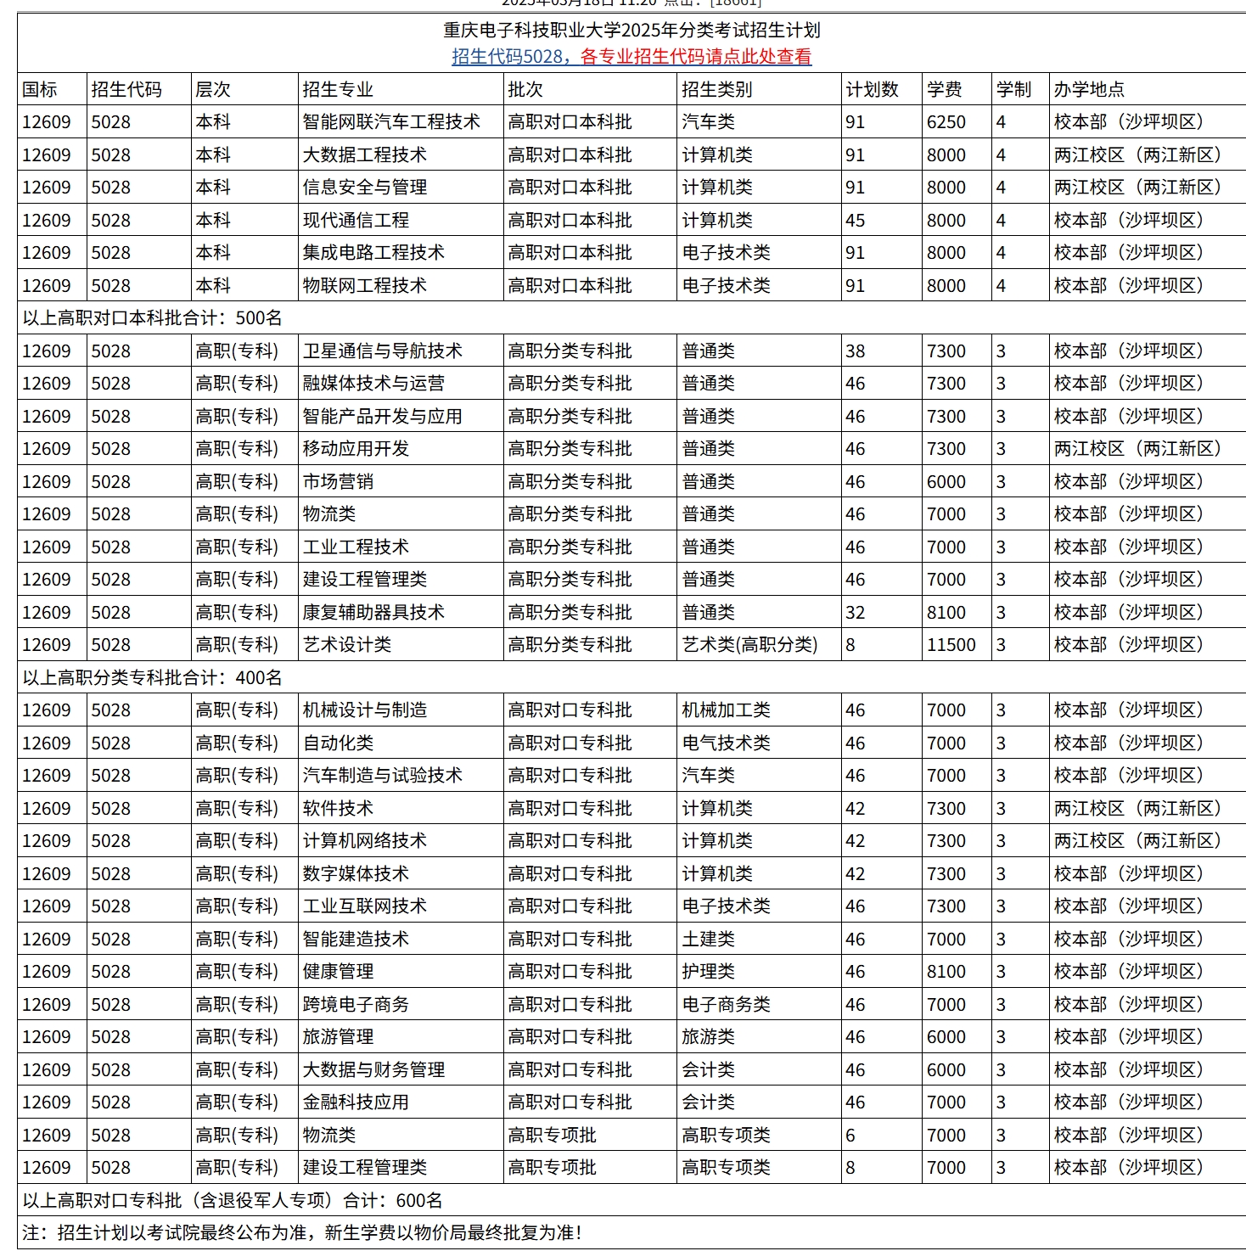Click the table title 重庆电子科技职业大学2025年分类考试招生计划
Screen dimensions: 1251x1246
pos(631,31)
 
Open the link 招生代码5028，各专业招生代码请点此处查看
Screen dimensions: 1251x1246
pos(631,57)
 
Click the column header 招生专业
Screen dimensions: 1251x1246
pos(338,89)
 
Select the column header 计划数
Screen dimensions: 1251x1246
pos(872,89)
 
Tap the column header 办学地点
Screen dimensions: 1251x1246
pos(1089,89)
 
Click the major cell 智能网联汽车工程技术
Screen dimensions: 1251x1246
pos(391,122)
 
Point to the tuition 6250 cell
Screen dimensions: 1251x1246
pos(946,122)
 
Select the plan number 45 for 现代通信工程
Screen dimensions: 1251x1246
pos(856,221)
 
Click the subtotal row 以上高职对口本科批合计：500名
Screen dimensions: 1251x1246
pos(153,318)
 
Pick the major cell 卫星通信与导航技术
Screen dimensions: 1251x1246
pos(383,351)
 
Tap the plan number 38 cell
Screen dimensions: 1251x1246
pos(856,351)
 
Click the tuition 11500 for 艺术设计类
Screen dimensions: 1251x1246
pos(951,645)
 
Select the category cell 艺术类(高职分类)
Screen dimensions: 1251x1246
pos(749,645)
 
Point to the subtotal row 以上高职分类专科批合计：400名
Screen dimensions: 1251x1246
pos(153,678)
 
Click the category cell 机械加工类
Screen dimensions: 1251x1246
pos(727,710)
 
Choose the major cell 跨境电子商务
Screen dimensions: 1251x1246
pos(356,1005)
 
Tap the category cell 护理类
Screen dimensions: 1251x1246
pos(709,972)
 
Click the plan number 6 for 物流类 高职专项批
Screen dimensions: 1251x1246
pos(850,1136)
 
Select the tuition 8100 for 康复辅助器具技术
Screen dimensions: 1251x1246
pos(946,613)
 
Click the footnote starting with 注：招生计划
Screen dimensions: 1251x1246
pos(302,1232)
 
